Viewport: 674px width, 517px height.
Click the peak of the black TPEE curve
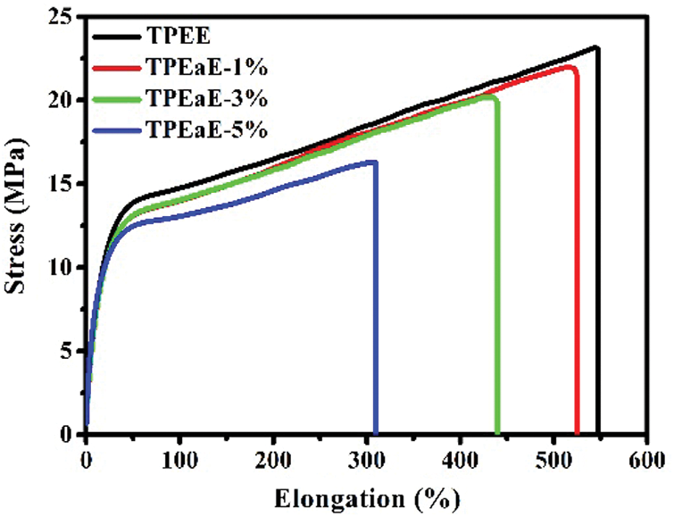tap(595, 48)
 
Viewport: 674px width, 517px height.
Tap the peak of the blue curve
tap(374, 162)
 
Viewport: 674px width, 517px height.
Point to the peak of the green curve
tap(491, 96)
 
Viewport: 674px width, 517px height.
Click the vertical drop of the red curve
tap(578, 268)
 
